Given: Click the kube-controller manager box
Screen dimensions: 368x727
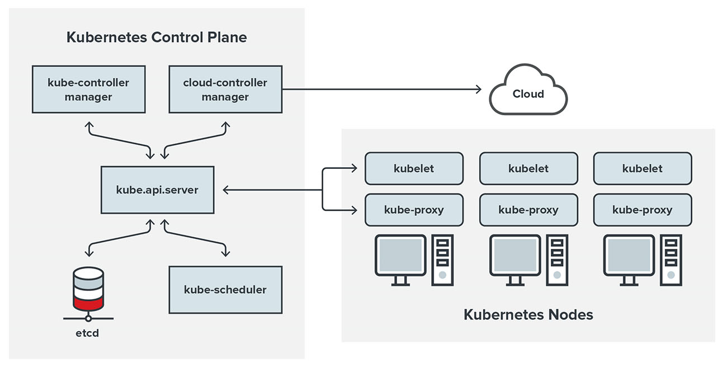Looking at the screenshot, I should [88, 89].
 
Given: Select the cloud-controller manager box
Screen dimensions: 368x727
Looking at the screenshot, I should [225, 89].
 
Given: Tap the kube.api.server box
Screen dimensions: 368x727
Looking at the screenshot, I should [157, 190].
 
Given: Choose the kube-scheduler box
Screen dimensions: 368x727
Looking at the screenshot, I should [225, 290].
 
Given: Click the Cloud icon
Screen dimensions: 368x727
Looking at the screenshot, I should [528, 92].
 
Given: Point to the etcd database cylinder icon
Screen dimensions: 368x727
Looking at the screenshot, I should [88, 289].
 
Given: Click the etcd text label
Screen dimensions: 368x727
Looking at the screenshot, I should [88, 334].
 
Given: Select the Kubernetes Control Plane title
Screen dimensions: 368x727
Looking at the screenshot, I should [157, 37].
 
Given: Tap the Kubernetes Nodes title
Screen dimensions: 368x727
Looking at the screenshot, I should [528, 315].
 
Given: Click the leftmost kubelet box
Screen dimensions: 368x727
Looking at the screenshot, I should [414, 168].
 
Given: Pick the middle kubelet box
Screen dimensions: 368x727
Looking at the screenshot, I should [528, 168].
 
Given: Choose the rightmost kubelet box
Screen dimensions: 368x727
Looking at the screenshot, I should [643, 168].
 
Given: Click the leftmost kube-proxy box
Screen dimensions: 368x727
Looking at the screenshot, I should [414, 210].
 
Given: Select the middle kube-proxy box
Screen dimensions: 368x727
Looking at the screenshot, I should [528, 210].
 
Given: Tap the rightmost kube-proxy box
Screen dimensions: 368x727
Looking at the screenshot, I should [643, 210].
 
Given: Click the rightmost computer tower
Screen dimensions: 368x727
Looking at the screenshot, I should [671, 260].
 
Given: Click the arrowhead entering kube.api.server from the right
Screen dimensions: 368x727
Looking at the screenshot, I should [225, 190].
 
